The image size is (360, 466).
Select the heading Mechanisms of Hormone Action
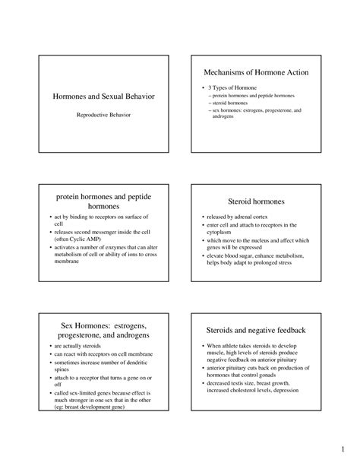point(255,72)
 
